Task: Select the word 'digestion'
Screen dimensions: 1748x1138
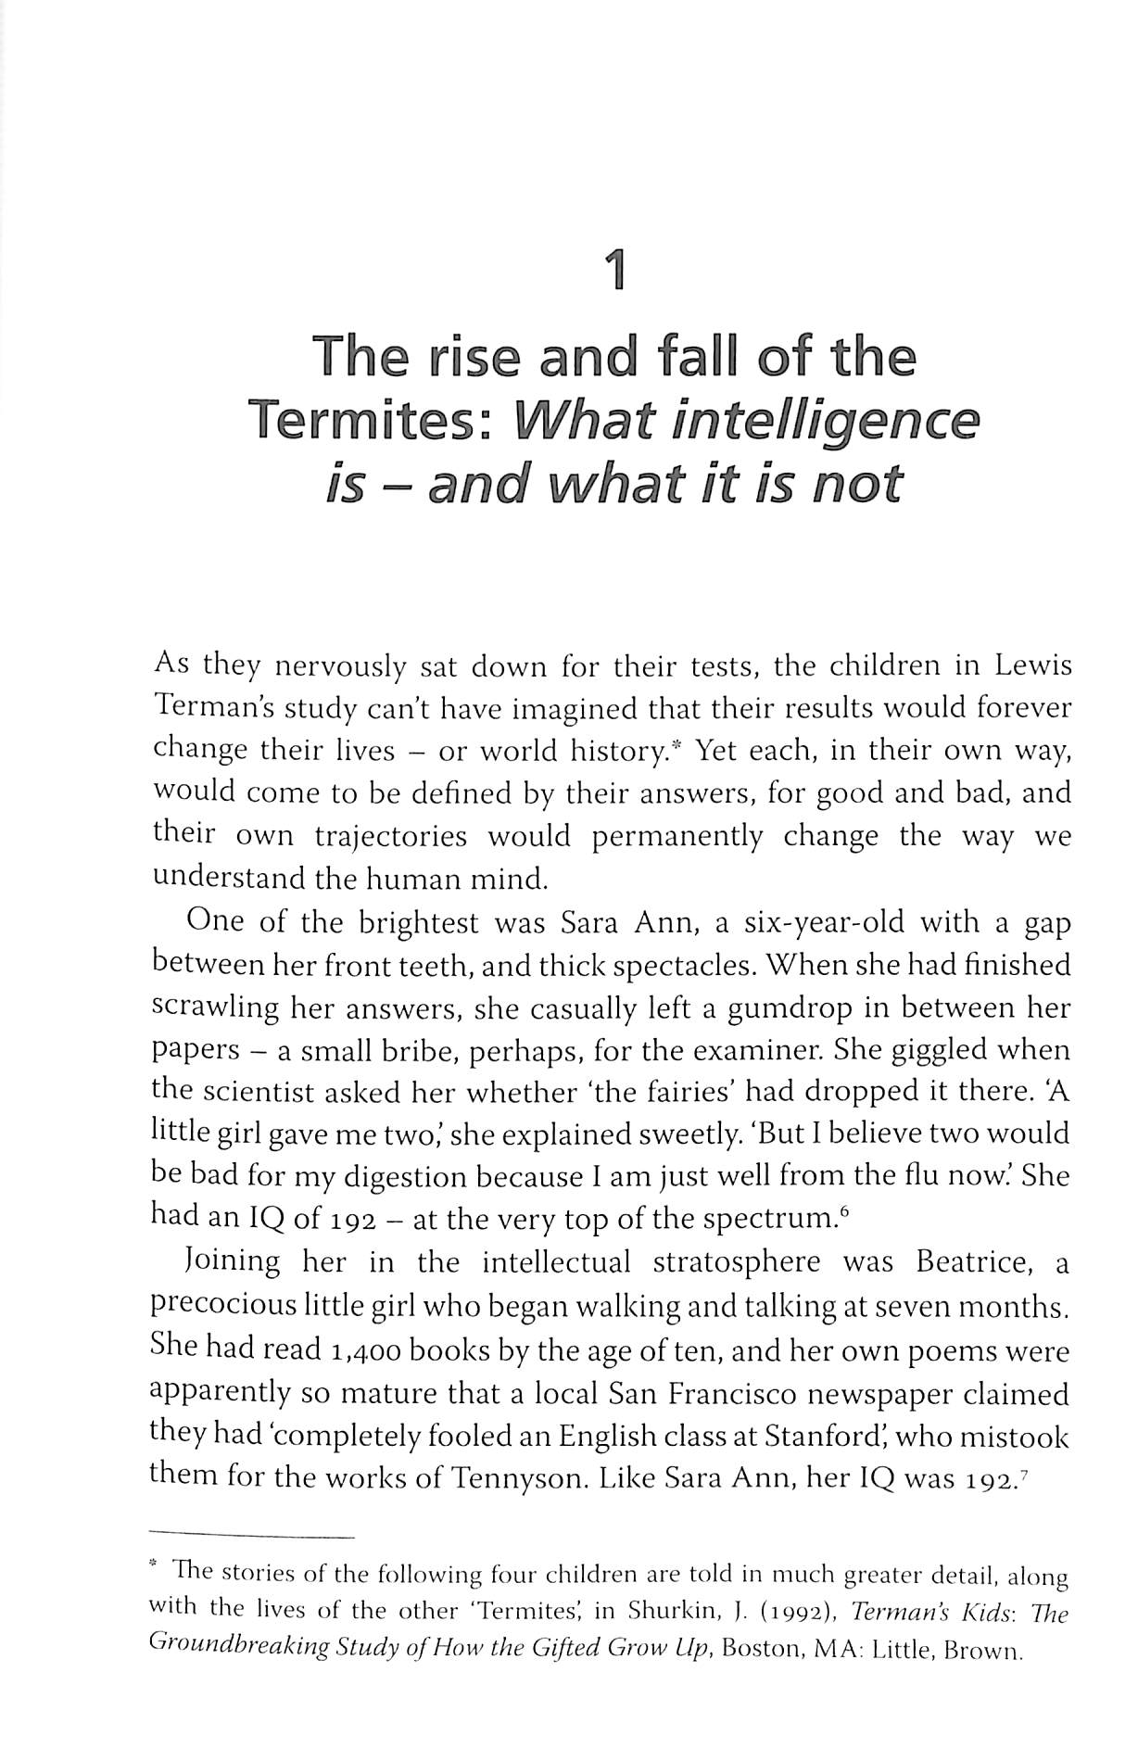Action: tap(408, 1177)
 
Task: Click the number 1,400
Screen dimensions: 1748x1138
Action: tap(363, 1349)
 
